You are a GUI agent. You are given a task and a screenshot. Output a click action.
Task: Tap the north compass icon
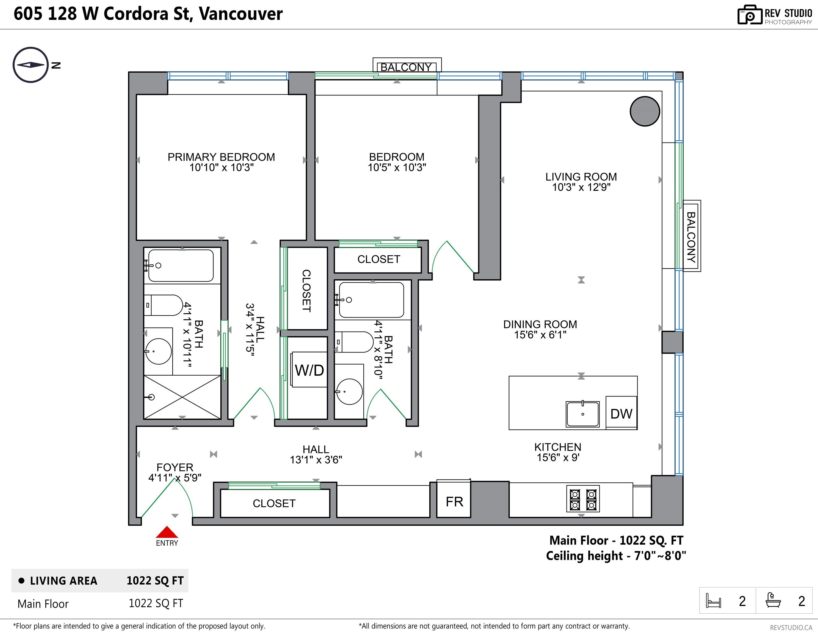[31, 65]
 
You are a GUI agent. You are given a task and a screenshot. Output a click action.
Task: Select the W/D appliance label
[309, 370]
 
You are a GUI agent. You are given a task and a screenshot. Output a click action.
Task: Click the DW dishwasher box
[621, 414]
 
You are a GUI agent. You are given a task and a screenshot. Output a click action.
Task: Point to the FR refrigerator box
[454, 501]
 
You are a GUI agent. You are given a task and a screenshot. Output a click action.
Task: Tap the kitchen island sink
[582, 414]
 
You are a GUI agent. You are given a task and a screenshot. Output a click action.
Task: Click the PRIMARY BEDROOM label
[221, 157]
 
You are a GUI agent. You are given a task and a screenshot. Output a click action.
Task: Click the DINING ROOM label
[540, 324]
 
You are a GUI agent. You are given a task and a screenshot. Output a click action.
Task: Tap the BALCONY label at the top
[406, 67]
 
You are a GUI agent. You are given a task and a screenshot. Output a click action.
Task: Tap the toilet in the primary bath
[164, 305]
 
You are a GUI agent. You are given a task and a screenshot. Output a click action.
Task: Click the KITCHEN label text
[558, 447]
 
